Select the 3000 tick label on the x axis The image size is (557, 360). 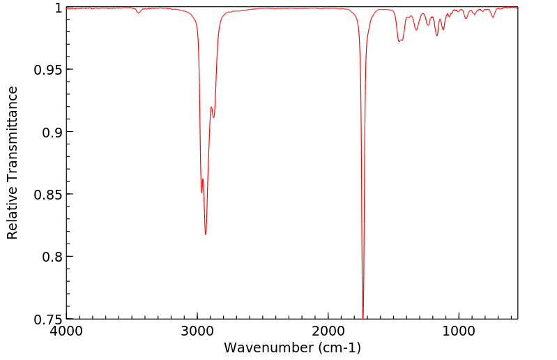[197, 330]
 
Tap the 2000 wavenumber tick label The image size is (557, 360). [328, 330]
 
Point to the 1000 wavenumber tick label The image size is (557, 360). [459, 330]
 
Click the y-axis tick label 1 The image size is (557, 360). [56, 8]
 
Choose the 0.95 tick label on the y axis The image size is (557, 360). [47, 70]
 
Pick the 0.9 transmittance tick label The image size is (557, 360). [50, 132]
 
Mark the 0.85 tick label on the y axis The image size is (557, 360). [47, 194]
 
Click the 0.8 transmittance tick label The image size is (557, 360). [50, 257]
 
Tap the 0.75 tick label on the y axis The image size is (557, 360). [47, 319]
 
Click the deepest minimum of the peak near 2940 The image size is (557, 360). [206, 234]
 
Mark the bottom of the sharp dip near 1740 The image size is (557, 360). [363, 317]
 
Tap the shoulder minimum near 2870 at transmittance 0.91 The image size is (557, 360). [213, 117]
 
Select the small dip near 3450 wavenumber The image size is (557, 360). [139, 13]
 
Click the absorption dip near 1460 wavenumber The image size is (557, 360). [399, 41]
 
